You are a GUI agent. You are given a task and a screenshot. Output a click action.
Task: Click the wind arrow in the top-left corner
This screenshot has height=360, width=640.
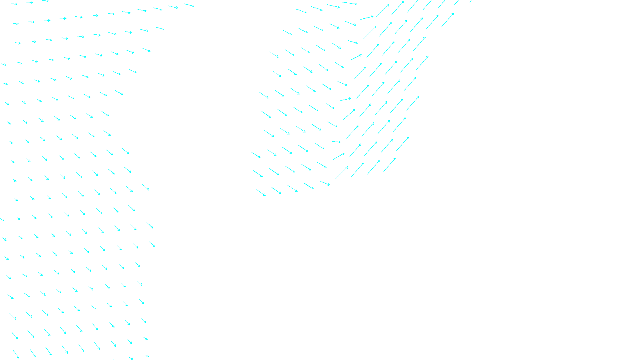14,4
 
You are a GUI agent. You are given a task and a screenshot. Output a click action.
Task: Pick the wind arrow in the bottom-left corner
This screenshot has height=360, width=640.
16,354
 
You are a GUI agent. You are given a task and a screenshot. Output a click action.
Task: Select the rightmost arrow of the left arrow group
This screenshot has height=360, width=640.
189,5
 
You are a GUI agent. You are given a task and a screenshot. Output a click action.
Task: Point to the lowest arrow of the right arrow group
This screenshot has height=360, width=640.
261,193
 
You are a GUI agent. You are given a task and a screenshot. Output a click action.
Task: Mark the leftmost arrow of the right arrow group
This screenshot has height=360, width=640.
256,155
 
